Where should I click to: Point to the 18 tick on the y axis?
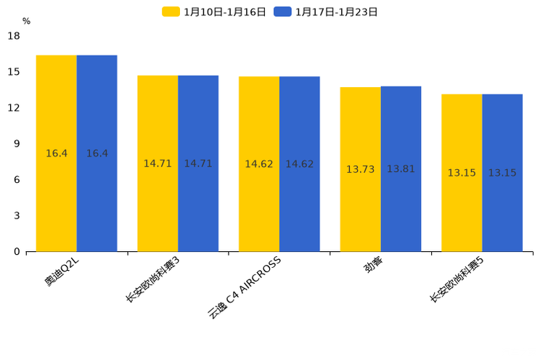pos(14,36)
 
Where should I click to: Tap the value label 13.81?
pos(401,169)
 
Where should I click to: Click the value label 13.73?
pos(360,170)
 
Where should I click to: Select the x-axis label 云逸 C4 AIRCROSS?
pos(245,287)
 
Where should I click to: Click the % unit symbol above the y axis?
pos(26,22)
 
